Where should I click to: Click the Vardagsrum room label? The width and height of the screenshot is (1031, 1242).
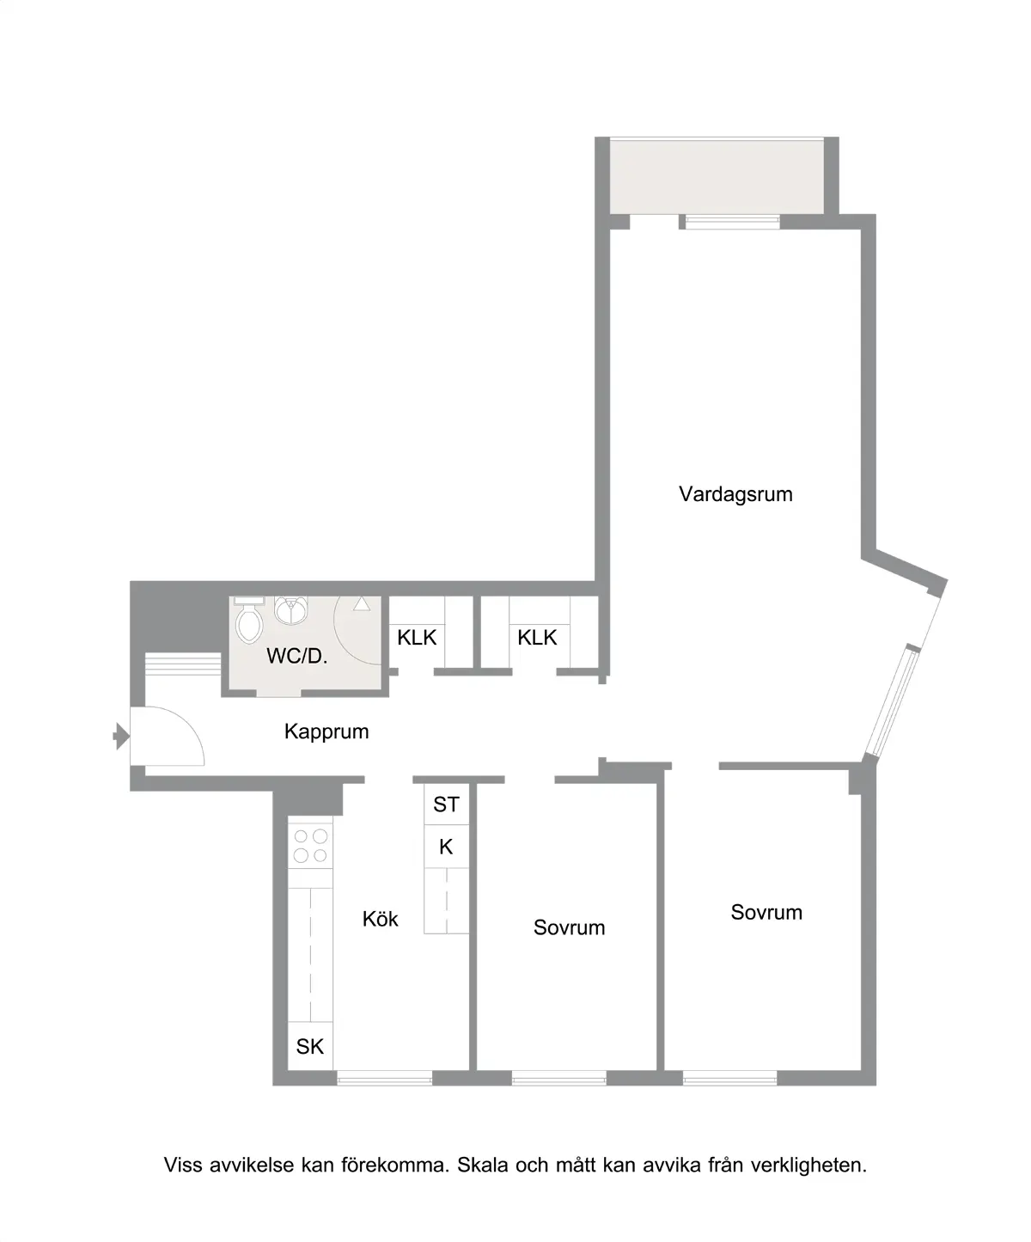click(x=735, y=494)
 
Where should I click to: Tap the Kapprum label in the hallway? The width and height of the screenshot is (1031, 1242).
click(x=326, y=731)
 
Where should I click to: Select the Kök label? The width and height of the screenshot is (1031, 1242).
click(x=380, y=919)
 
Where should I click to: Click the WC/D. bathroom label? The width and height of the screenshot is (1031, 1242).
click(x=296, y=656)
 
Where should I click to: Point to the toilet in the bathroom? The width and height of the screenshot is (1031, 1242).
click(x=249, y=621)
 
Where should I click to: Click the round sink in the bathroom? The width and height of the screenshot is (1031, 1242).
click(x=290, y=610)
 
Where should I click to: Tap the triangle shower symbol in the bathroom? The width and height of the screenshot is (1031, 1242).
click(x=362, y=604)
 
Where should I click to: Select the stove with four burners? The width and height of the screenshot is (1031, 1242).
click(x=310, y=846)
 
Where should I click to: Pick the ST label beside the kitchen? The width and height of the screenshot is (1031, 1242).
click(x=446, y=805)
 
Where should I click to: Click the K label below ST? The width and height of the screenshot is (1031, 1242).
click(x=446, y=847)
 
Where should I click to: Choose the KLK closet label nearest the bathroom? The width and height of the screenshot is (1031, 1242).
click(x=417, y=638)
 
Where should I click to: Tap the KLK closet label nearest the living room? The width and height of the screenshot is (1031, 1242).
click(x=537, y=638)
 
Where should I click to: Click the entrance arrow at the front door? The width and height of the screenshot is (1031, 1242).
click(x=121, y=737)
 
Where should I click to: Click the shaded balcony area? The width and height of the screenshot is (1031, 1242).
click(x=717, y=177)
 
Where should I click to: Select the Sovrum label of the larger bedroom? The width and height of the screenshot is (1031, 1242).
click(x=766, y=913)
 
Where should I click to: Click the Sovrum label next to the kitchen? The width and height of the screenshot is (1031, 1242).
click(x=569, y=928)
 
